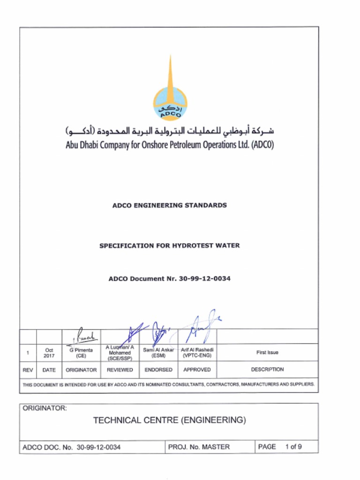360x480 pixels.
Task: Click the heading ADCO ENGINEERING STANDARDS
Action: pos(170,205)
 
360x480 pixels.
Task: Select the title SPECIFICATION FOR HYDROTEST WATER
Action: pos(169,246)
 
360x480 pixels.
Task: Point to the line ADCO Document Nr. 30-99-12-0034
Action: pos(170,278)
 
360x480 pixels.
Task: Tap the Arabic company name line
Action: pos(170,130)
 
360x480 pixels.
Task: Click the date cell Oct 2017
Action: pos(49,352)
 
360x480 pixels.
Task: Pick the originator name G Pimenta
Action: pos(81,350)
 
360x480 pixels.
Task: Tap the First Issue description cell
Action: pos(267,352)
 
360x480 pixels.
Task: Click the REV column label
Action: pos(28,370)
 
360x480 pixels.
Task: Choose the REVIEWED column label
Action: pos(120,370)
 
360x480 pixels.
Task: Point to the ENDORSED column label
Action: pos(158,370)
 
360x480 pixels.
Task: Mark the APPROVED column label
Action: pos(197,370)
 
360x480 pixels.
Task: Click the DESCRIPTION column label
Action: pos(267,369)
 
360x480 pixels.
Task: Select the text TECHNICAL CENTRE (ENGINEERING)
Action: pos(169,420)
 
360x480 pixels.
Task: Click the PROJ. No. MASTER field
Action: pos(199,447)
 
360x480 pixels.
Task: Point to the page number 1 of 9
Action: pos(293,447)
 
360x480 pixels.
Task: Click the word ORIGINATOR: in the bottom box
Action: pos(45,408)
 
